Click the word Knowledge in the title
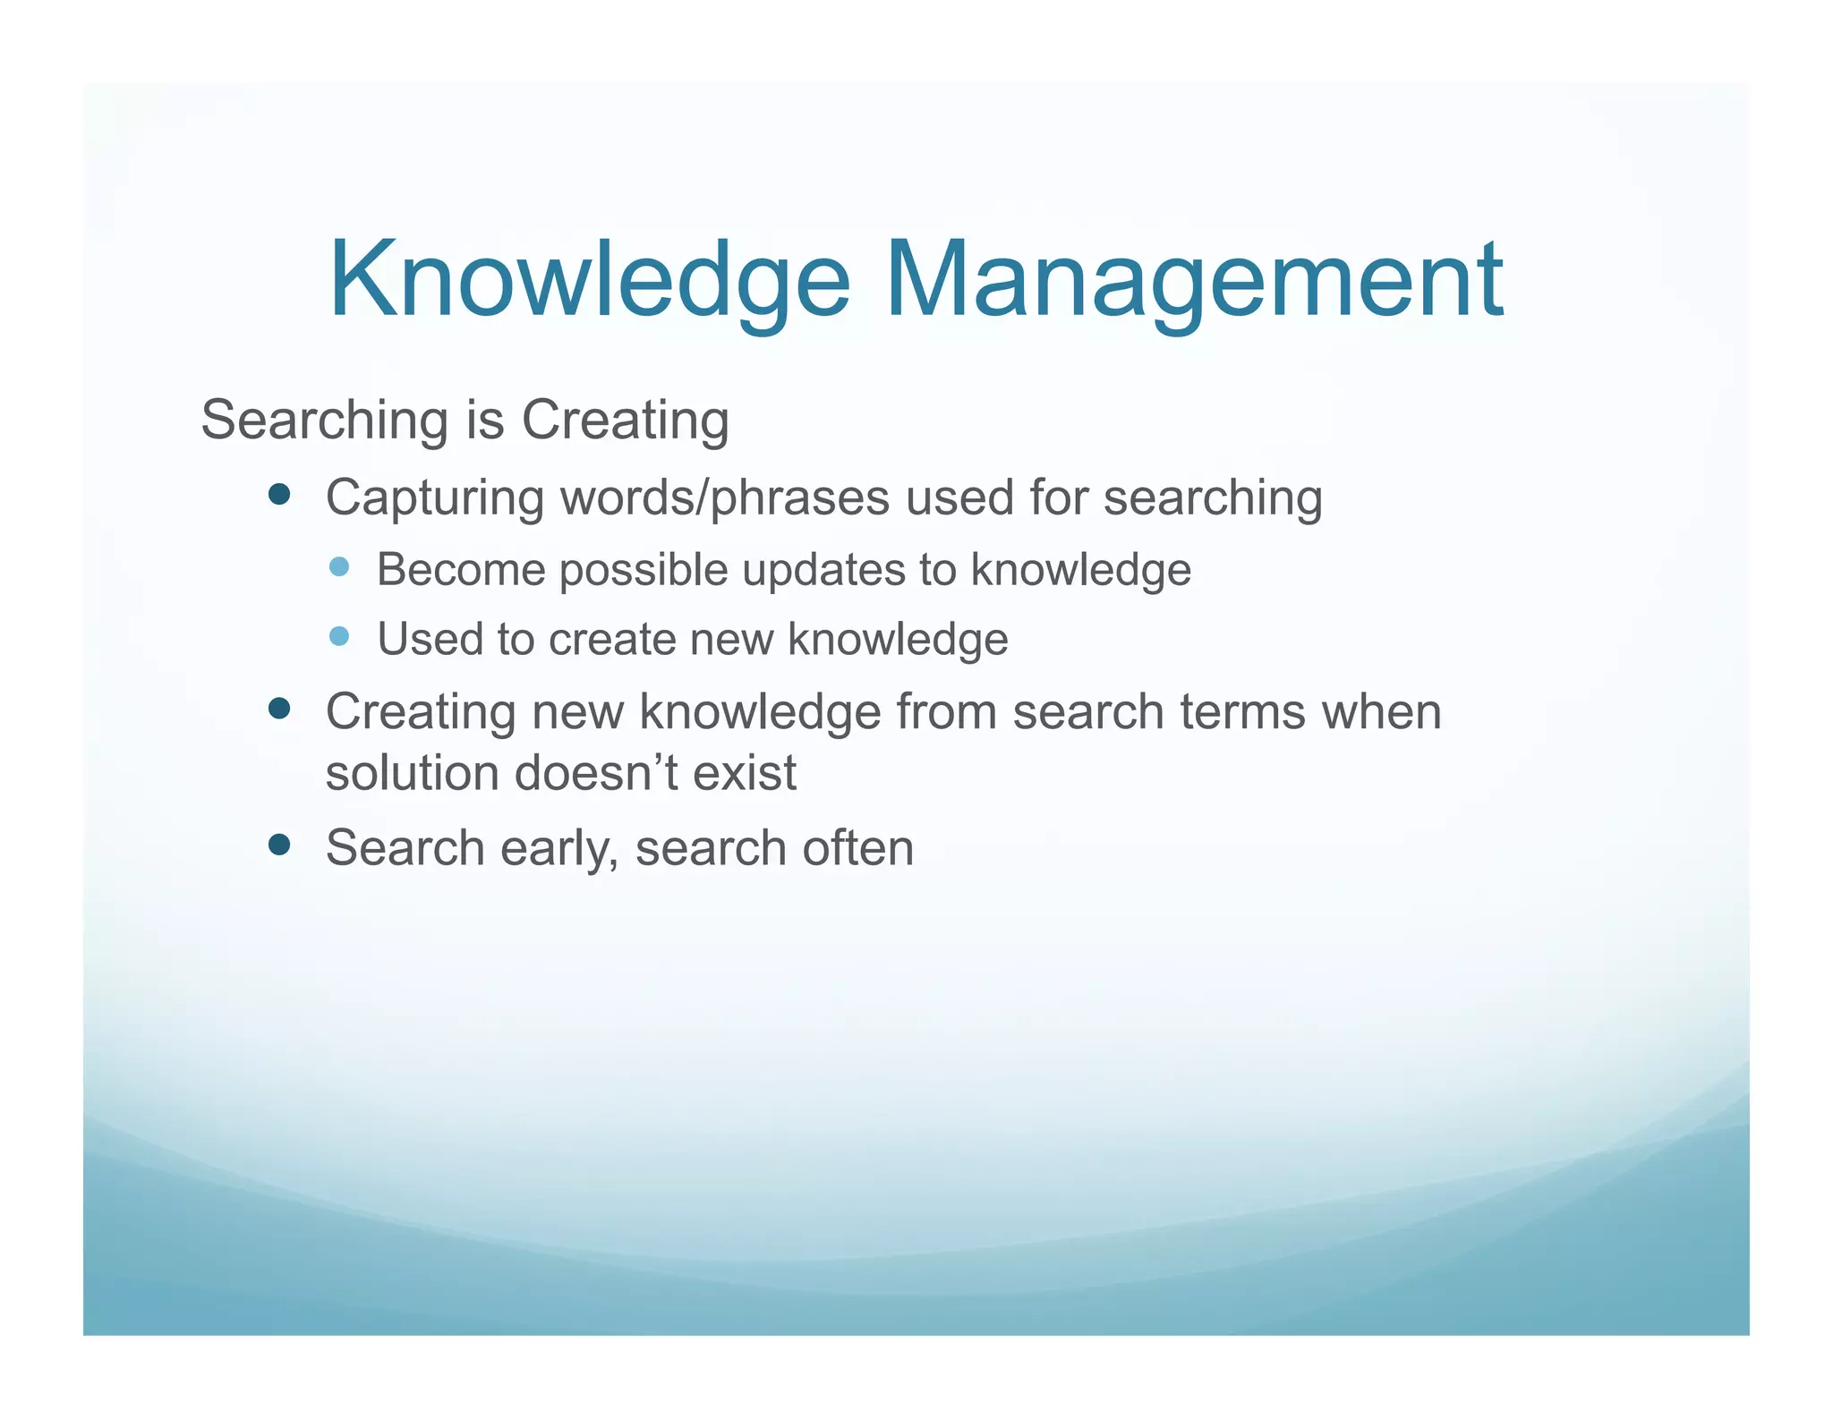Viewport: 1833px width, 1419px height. pyautogui.click(x=589, y=279)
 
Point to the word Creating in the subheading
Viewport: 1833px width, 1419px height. pyautogui.click(x=625, y=421)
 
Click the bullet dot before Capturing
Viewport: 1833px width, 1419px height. pyautogui.click(x=279, y=495)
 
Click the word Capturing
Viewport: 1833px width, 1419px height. pyautogui.click(x=435, y=499)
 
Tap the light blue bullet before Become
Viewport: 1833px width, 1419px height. pyautogui.click(x=339, y=566)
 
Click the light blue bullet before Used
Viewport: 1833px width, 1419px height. pyautogui.click(x=339, y=636)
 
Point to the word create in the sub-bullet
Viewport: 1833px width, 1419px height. pyautogui.click(x=612, y=640)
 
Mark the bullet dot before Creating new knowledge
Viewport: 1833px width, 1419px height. pyautogui.click(x=279, y=709)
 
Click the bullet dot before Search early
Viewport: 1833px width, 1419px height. pyautogui.click(x=279, y=845)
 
